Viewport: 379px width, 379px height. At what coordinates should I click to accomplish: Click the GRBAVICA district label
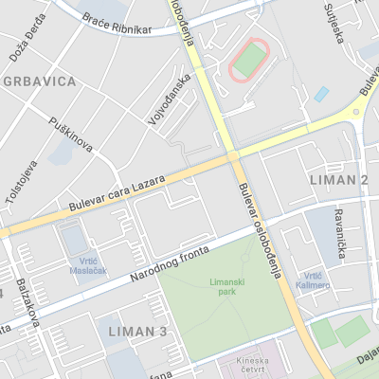coord(39,81)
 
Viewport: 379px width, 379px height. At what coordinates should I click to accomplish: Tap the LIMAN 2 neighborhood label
coord(338,179)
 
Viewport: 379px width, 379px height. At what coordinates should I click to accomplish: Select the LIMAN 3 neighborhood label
coord(137,331)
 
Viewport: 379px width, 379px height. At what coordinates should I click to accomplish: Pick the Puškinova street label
coord(72,135)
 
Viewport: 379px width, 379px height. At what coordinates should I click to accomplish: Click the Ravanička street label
coord(340,233)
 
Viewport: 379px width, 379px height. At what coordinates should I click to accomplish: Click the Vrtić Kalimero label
coord(312,280)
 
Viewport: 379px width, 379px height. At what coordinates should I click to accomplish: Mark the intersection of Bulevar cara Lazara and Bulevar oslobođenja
coord(232,156)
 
